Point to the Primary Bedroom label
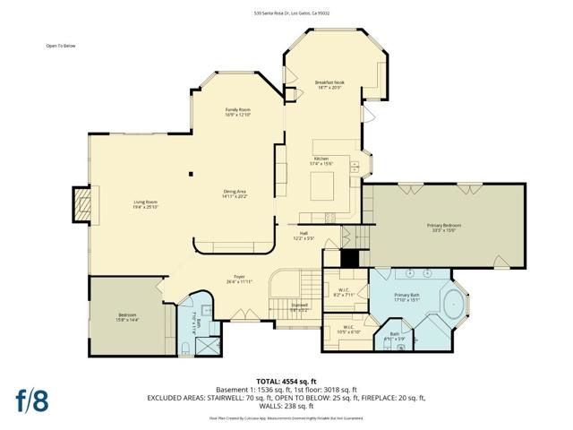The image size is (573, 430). pyautogui.click(x=440, y=228)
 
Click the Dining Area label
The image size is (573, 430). pyautogui.click(x=235, y=193)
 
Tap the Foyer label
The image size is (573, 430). pyautogui.click(x=240, y=279)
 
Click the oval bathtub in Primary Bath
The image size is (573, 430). pyautogui.click(x=453, y=305)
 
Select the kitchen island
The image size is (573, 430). pyautogui.click(x=324, y=185)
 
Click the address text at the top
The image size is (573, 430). pyautogui.click(x=286, y=13)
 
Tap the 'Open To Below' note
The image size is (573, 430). pyautogui.click(x=62, y=46)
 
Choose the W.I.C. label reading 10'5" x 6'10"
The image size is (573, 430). pyautogui.click(x=348, y=330)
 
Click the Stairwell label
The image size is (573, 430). pyautogui.click(x=298, y=306)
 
